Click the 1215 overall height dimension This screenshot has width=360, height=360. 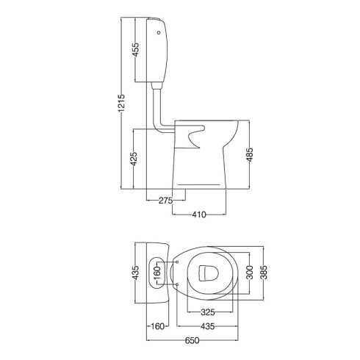click(121, 103)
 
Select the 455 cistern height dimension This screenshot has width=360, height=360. click(135, 49)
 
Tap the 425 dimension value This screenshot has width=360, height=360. click(134, 159)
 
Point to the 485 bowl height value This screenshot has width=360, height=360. click(249, 154)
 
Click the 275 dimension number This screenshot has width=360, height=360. click(165, 201)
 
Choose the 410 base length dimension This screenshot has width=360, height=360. click(199, 215)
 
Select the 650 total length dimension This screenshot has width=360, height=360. click(192, 340)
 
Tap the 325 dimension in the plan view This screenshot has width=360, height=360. click(208, 312)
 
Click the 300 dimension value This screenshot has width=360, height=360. click(249, 273)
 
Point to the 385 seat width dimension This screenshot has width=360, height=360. click(264, 273)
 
